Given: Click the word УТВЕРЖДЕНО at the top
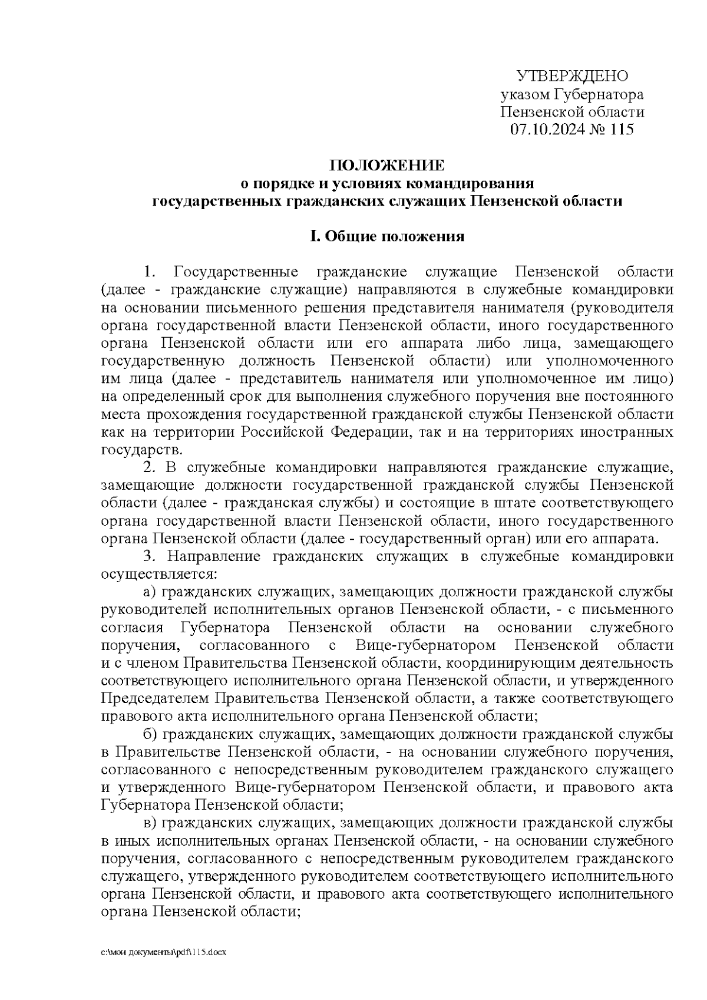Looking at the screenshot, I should tap(572, 76).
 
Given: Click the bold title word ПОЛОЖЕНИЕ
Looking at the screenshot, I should tap(387, 164).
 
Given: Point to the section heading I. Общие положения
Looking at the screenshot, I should tap(387, 237).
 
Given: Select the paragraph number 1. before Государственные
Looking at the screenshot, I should tap(149, 272).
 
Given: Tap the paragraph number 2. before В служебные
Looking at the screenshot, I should tap(149, 468).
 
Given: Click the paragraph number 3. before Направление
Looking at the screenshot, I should tap(149, 556).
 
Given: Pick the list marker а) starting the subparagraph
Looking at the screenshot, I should tap(150, 592).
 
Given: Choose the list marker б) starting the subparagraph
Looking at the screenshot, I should tap(150, 734).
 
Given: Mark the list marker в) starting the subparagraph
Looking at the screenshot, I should tap(150, 823).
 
